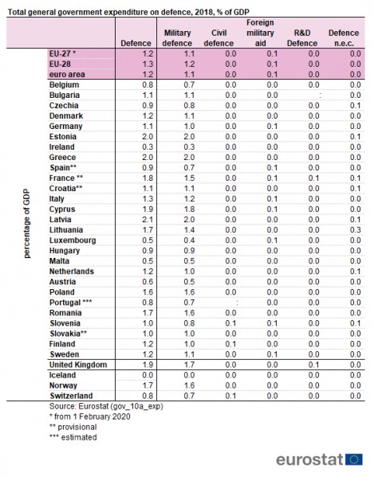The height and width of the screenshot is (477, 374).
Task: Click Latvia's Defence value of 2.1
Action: [x=148, y=220]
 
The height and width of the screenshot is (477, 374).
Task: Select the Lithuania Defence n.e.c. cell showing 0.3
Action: [x=355, y=230]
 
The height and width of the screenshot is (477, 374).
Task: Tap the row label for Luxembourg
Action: [x=73, y=240]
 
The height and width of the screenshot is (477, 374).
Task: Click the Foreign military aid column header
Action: [x=260, y=33]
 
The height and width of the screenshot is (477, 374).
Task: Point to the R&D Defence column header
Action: [x=301, y=38]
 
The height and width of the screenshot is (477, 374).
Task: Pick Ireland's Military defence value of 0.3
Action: [x=189, y=147]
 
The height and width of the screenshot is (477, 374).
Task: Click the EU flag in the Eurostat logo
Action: [x=354, y=459]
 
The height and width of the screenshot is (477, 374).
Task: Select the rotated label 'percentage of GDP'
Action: [x=27, y=223]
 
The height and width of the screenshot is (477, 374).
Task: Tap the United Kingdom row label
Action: [x=78, y=365]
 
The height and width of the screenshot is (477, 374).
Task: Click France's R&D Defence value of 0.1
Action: [x=313, y=178]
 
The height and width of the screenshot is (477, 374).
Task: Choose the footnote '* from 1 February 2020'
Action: [x=90, y=416]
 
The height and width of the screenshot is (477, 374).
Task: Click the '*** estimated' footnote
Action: [x=73, y=437]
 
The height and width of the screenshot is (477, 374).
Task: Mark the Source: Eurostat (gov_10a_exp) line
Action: [x=106, y=406]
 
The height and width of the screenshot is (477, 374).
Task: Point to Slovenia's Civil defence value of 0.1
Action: [x=230, y=323]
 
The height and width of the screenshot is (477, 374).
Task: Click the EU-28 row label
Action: [x=60, y=64]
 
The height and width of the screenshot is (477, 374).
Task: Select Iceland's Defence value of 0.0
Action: [x=148, y=375]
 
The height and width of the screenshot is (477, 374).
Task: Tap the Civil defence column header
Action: [x=218, y=38]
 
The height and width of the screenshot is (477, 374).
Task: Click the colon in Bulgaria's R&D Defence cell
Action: [x=320, y=96]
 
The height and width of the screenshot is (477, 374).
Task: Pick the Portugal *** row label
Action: [x=71, y=303]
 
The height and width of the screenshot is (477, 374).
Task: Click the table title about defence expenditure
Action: [x=128, y=12]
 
